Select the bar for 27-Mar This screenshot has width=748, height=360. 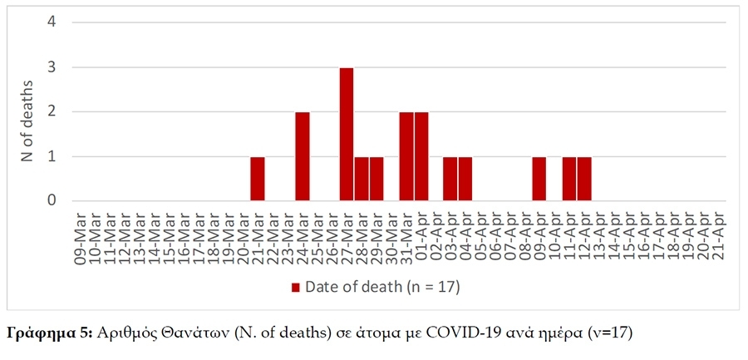click(347, 134)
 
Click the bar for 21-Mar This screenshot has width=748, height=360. click(258, 178)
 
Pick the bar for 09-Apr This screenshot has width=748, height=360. click(539, 178)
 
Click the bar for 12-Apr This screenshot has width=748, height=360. click(584, 178)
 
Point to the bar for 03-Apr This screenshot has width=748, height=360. click(450, 178)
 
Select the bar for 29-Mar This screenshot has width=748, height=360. click(376, 178)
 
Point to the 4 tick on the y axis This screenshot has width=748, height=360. click(52, 22)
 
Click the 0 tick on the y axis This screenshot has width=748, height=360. click(52, 200)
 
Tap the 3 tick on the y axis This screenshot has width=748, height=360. click(52, 67)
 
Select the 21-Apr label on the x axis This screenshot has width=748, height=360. click(717, 238)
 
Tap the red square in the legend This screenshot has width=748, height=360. click(295, 288)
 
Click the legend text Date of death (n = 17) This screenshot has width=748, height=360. click(382, 288)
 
